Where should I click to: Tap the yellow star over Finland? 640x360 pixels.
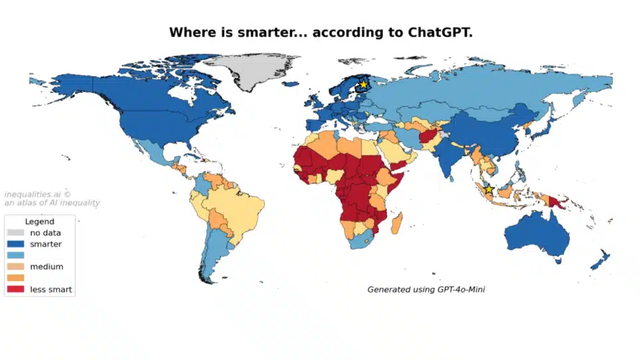point(363,85)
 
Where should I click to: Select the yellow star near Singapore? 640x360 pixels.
point(489,190)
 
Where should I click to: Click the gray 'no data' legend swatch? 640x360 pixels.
point(15,233)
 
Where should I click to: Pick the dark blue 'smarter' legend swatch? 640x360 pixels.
point(15,244)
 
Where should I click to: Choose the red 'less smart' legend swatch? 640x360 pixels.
point(15,289)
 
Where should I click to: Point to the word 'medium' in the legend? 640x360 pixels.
point(46,267)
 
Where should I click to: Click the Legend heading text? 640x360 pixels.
point(39,221)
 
